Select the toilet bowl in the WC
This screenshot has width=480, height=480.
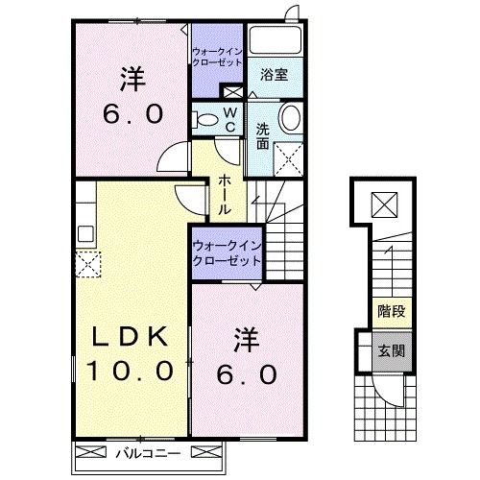204,119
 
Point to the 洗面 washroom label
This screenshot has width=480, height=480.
262,135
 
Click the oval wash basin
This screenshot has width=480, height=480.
289,119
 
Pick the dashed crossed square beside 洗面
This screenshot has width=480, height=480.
289,155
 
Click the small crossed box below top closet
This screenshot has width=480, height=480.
231,92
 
